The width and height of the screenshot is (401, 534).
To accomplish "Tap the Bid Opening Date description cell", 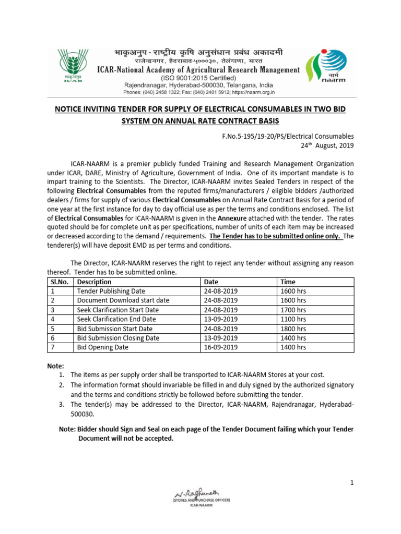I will click(102, 347).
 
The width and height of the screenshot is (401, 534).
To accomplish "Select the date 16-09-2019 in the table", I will click(221, 347).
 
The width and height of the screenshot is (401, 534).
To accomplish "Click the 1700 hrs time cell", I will click(293, 310).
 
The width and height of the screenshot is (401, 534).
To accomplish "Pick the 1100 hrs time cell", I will click(293, 319).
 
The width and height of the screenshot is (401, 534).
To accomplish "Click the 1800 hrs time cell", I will click(293, 329).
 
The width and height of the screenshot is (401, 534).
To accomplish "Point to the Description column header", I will click(94, 282).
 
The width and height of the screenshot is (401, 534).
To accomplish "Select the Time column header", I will click(288, 282).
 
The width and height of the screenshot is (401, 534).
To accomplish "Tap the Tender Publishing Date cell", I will click(111, 291).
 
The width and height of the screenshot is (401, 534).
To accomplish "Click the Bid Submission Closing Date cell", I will click(118, 338).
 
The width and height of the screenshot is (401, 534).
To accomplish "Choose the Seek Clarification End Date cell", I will click(116, 319).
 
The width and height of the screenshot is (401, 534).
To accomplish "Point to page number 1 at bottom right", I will click(352, 483).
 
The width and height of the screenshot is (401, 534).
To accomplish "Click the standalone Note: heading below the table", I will click(56, 367).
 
